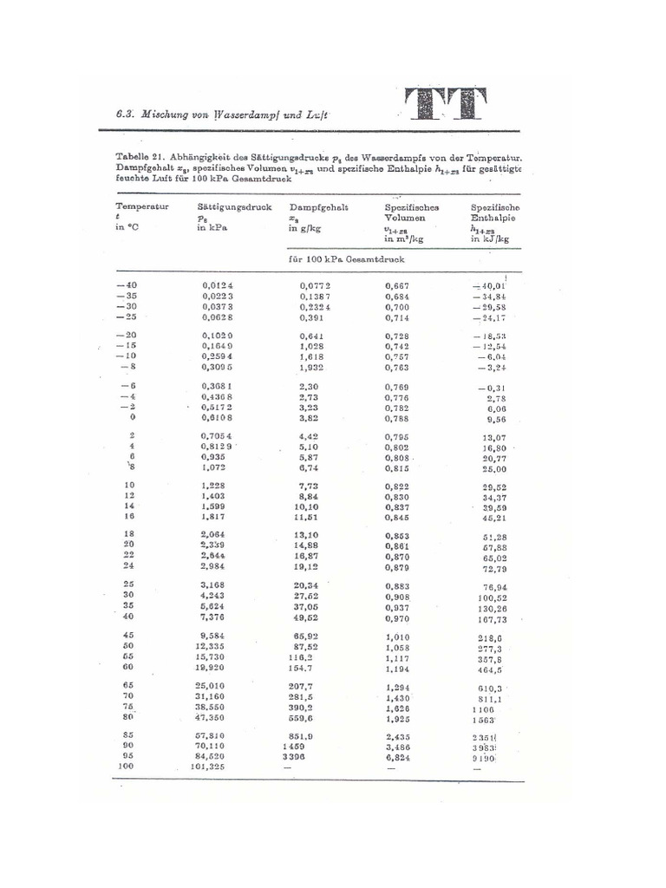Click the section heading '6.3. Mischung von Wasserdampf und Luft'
pos(224,114)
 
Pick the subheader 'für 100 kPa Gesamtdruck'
pos(347,259)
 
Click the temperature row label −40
pos(127,284)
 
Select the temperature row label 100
pos(127,767)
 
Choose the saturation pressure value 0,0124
pos(218,284)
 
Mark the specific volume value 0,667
pos(397,284)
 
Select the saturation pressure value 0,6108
pos(218,417)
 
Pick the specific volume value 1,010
pos(397,636)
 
